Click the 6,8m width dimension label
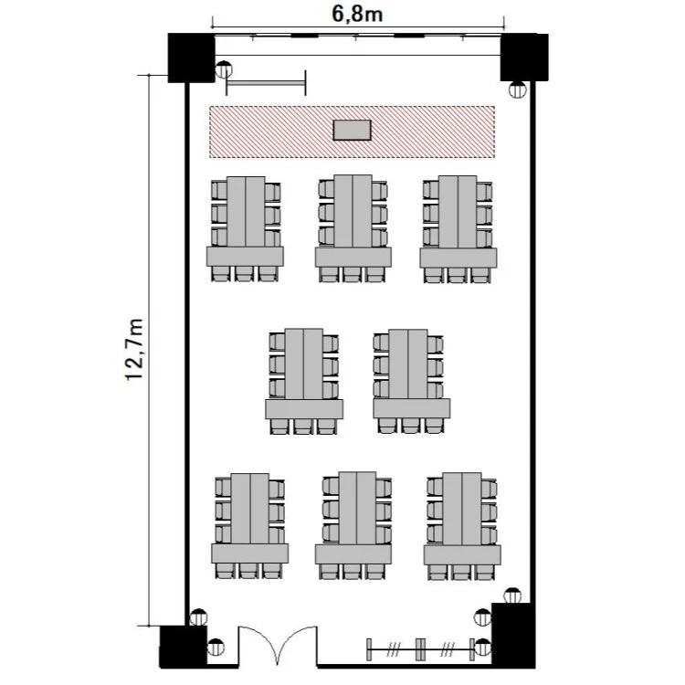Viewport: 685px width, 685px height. (357, 14)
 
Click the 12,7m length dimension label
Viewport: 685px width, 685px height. (134, 350)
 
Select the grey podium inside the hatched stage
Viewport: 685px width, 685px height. (353, 131)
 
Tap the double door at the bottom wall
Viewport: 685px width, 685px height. (278, 646)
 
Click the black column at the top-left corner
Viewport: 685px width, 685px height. (192, 58)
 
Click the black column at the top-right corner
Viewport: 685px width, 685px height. (524, 58)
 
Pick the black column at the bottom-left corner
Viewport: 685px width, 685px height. (182, 647)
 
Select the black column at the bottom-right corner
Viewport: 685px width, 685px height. (513, 636)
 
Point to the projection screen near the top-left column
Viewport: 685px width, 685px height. (266, 82)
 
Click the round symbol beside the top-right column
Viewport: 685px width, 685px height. (518, 90)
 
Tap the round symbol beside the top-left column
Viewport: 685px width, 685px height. (224, 69)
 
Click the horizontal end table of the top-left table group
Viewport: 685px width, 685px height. (245, 257)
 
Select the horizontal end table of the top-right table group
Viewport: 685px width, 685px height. (458, 258)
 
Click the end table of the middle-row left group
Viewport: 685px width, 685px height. (304, 409)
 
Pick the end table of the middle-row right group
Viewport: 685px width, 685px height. (412, 408)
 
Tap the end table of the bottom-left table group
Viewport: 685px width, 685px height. (250, 553)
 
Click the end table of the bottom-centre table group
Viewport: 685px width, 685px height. (353, 554)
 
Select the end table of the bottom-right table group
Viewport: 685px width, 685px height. (462, 554)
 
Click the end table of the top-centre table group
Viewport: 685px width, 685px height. (353, 258)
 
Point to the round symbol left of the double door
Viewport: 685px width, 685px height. (216, 647)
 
